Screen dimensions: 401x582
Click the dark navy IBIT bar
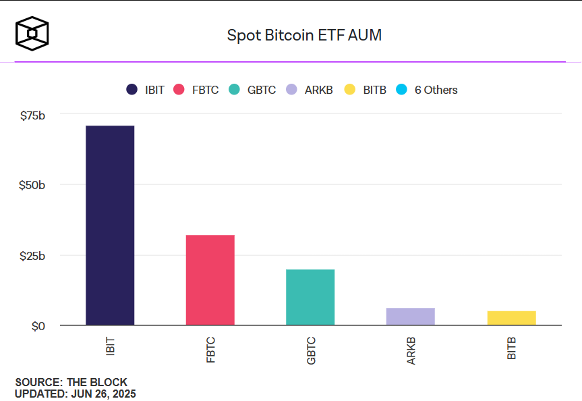[x=110, y=225]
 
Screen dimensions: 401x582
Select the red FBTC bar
[x=210, y=280]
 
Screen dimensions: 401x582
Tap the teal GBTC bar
[x=310, y=297]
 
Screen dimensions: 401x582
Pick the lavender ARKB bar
[x=410, y=317]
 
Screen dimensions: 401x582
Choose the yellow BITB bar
[x=511, y=318]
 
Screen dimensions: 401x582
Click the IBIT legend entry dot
[x=132, y=90]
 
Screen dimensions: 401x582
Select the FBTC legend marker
[x=179, y=90]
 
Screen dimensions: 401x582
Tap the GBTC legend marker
[x=235, y=90]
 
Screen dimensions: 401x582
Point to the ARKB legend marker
[x=291, y=90]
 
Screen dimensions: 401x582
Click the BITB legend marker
[x=349, y=90]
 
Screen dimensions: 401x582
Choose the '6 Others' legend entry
[x=428, y=90]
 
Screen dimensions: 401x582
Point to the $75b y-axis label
[x=32, y=115]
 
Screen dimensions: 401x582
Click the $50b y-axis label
[x=32, y=185]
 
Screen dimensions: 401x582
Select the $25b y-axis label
[x=32, y=256]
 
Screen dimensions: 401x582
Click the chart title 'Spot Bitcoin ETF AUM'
[x=304, y=36]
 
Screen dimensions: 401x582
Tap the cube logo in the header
[x=32, y=33]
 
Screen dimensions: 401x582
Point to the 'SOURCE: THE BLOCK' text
[x=71, y=383]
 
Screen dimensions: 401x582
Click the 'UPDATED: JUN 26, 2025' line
[x=75, y=394]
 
